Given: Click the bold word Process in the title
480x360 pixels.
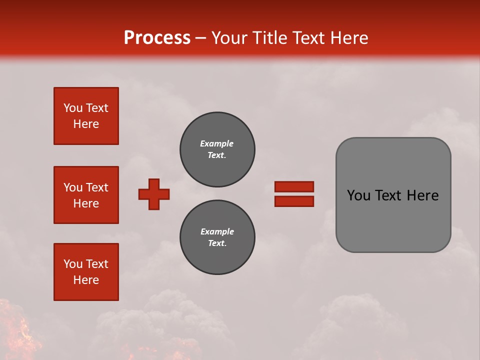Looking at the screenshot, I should click(157, 37).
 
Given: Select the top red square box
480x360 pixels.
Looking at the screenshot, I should click(86, 116).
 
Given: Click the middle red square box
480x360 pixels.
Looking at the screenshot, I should click(86, 195).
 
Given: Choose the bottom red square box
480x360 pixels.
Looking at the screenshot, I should click(86, 272).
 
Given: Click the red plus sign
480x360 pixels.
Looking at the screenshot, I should click(154, 194).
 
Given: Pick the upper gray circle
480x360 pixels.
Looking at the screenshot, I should click(217, 149).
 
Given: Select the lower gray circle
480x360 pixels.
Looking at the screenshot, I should click(217, 237).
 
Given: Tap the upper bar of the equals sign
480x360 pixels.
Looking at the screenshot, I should click(294, 186).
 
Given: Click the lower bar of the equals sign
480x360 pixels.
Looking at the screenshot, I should click(294, 201).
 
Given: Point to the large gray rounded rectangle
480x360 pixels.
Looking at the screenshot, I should click(393, 195).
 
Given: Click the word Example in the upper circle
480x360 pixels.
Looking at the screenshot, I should click(216, 143).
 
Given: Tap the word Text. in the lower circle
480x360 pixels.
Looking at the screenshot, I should click(217, 243).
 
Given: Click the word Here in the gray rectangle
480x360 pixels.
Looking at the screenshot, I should click(422, 195).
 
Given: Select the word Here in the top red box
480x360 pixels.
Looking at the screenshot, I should click(86, 124).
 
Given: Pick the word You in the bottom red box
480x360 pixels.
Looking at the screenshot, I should click(73, 264).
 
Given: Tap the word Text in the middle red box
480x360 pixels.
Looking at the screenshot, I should click(97, 187).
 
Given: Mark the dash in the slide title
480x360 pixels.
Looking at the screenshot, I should click(200, 38).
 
